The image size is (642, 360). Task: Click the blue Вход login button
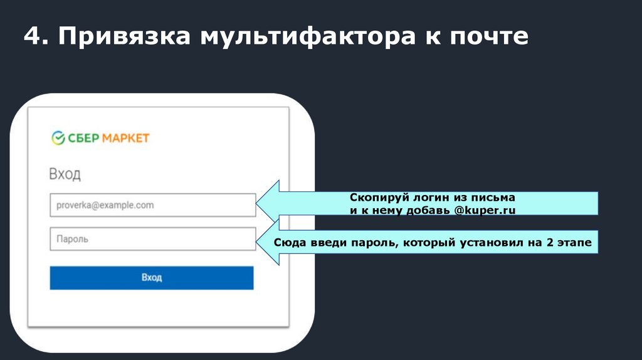click(x=152, y=277)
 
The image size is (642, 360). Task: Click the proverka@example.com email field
click(x=152, y=205)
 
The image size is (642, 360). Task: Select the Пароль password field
click(x=152, y=239)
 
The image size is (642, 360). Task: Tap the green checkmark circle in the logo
click(x=58, y=138)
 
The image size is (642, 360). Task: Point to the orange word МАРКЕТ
click(x=125, y=138)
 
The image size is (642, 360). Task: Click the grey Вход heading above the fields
click(x=65, y=174)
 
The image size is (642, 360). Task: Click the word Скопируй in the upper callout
click(x=374, y=198)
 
